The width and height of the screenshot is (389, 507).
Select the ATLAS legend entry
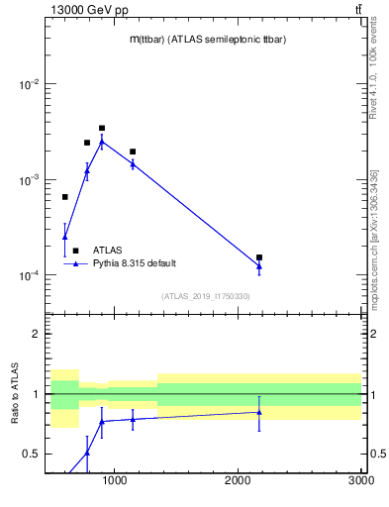[108, 251]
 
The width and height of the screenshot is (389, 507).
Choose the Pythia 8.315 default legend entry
[135, 263]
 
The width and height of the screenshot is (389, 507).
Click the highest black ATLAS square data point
[102, 128]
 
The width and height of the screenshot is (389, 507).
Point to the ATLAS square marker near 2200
[259, 257]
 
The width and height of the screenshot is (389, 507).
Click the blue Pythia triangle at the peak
[102, 142]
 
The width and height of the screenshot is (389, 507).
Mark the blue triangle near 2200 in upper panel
[259, 265]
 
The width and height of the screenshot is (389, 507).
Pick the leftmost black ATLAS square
[65, 197]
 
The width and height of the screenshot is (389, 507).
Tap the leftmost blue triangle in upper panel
[65, 237]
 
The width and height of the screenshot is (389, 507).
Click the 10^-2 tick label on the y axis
[29, 85]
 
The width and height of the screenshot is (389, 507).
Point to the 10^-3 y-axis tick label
[29, 180]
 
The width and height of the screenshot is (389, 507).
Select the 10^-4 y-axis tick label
[29, 275]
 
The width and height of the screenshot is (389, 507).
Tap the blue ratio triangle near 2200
[259, 412]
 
